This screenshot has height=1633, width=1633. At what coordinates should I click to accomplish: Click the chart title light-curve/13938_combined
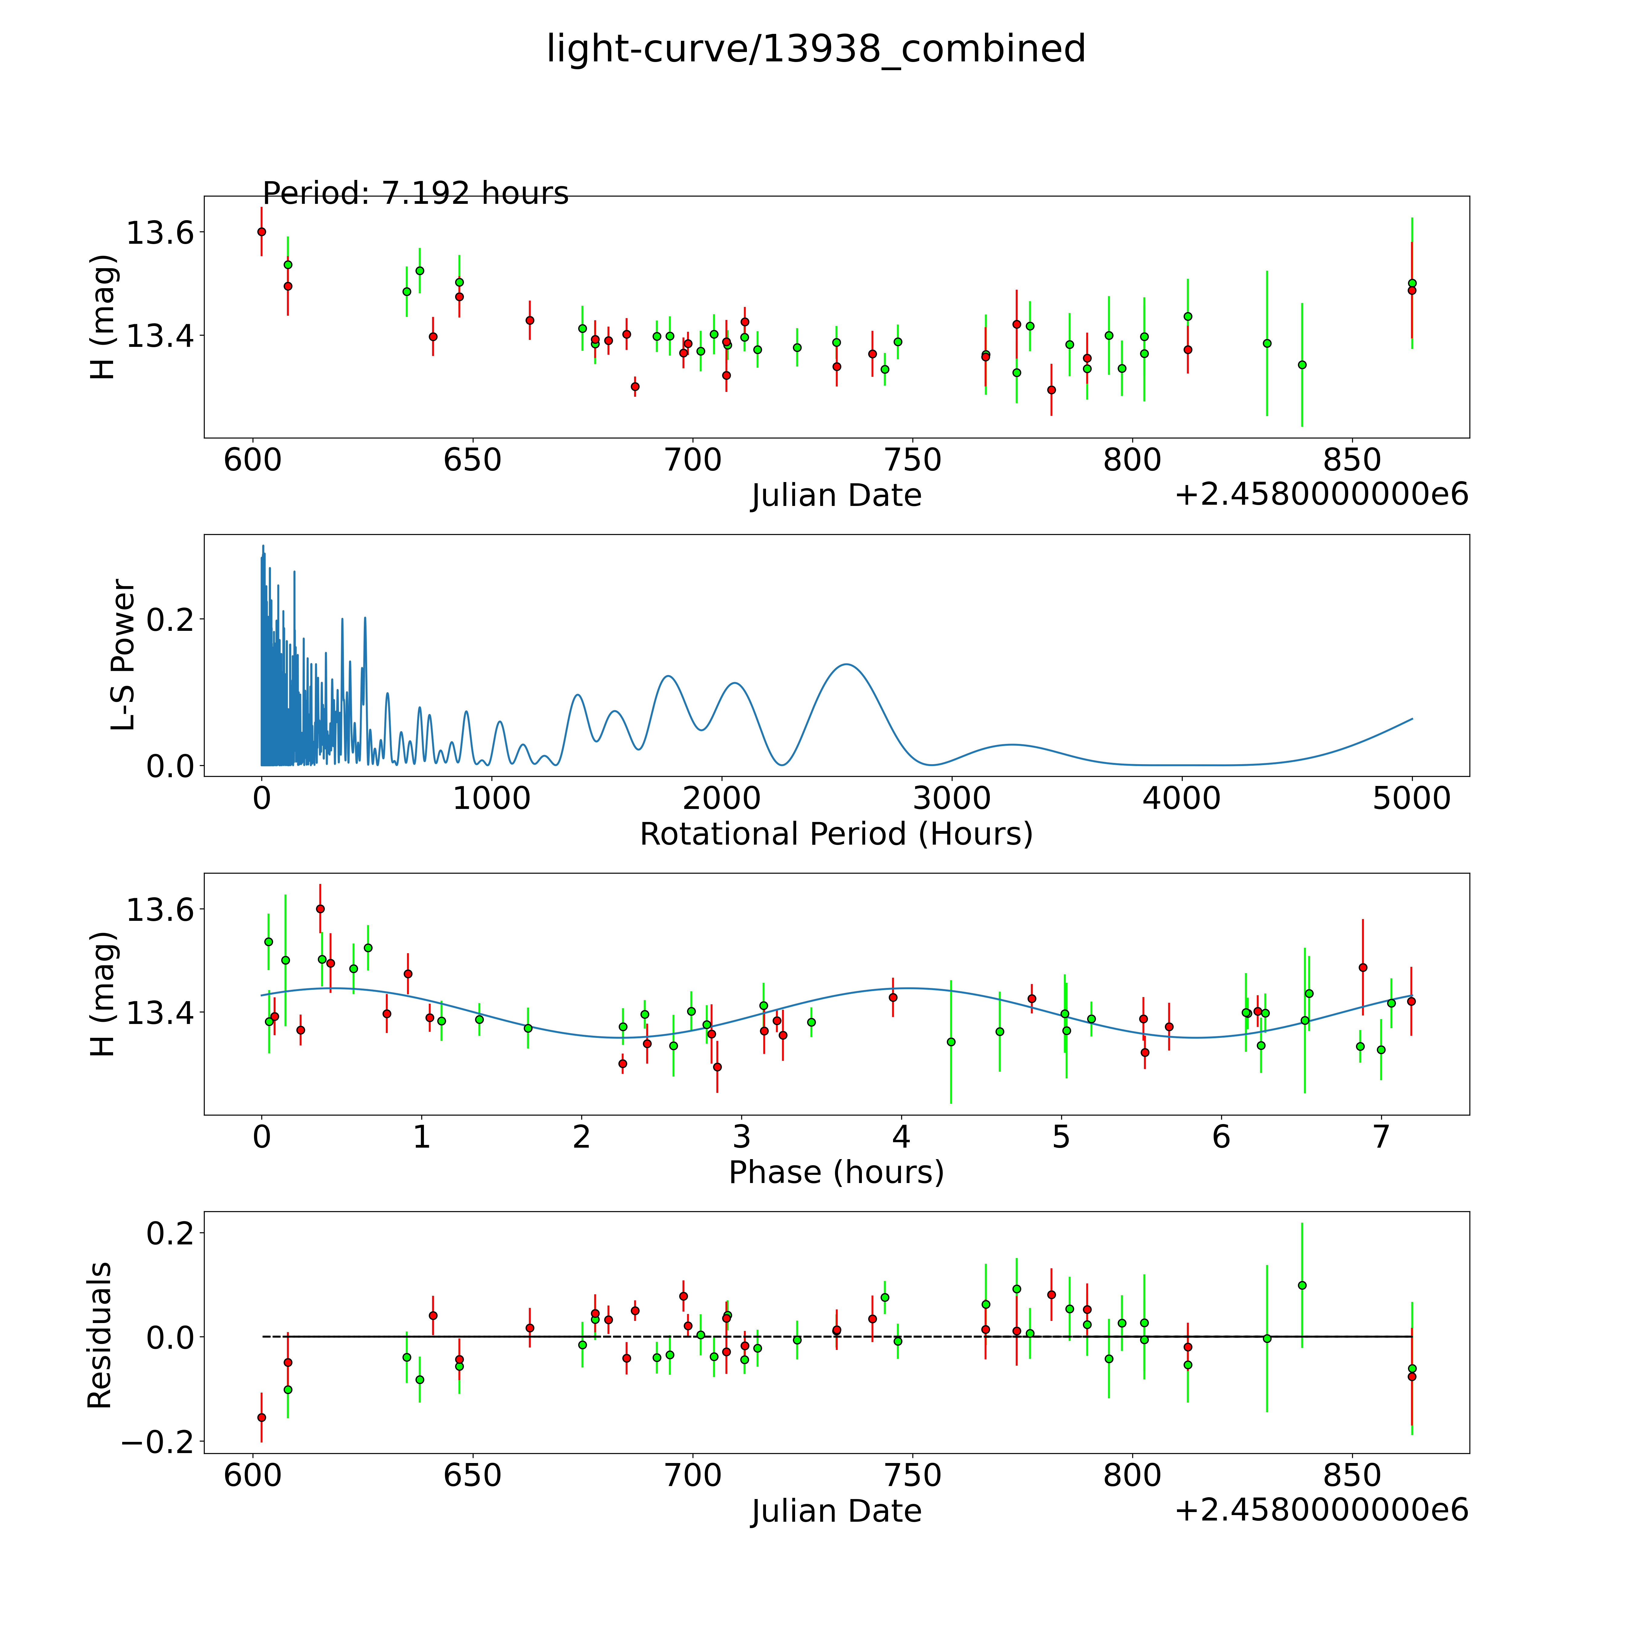[816, 49]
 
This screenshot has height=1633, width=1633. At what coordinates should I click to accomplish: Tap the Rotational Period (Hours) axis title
[836, 834]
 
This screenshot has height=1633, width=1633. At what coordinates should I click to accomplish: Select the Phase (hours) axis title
[836, 1172]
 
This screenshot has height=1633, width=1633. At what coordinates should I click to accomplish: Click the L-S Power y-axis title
[123, 655]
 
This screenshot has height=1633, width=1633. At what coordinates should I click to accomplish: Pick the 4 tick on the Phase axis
[901, 1137]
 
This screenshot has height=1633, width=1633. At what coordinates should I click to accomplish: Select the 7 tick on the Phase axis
[1380, 1137]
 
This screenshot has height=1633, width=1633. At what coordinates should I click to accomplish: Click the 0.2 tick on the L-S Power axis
[170, 620]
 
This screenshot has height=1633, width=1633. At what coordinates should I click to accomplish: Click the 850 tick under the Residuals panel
[1351, 1476]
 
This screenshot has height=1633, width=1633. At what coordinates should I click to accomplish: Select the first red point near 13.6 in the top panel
[262, 232]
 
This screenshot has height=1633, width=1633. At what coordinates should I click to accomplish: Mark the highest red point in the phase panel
[320, 909]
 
